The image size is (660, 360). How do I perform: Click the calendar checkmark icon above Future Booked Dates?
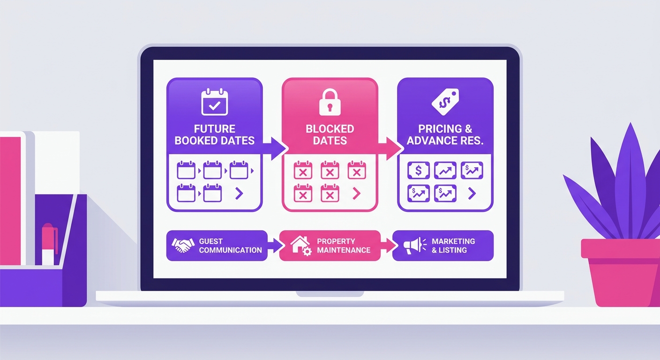click(215, 102)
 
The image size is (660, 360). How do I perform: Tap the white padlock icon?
click(330, 102)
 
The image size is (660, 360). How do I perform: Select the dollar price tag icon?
click(445, 102)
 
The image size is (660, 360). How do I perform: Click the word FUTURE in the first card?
click(215, 129)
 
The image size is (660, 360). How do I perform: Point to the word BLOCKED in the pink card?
click(330, 129)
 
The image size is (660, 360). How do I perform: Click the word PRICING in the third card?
click(437, 129)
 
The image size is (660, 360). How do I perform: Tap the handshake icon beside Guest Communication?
click(183, 245)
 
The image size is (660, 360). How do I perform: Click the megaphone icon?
click(414, 246)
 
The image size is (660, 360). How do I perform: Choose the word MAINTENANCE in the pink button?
click(344, 250)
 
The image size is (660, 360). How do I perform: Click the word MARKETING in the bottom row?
click(453, 241)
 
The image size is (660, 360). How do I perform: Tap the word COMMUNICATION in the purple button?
click(230, 250)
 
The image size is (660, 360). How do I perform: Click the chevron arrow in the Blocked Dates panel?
click(357, 194)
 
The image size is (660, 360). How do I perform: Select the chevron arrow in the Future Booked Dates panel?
click(239, 194)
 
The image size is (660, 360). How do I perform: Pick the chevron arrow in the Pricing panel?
click(472, 194)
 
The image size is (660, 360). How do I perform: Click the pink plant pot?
click(621, 272)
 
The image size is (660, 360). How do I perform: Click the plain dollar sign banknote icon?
click(419, 170)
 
